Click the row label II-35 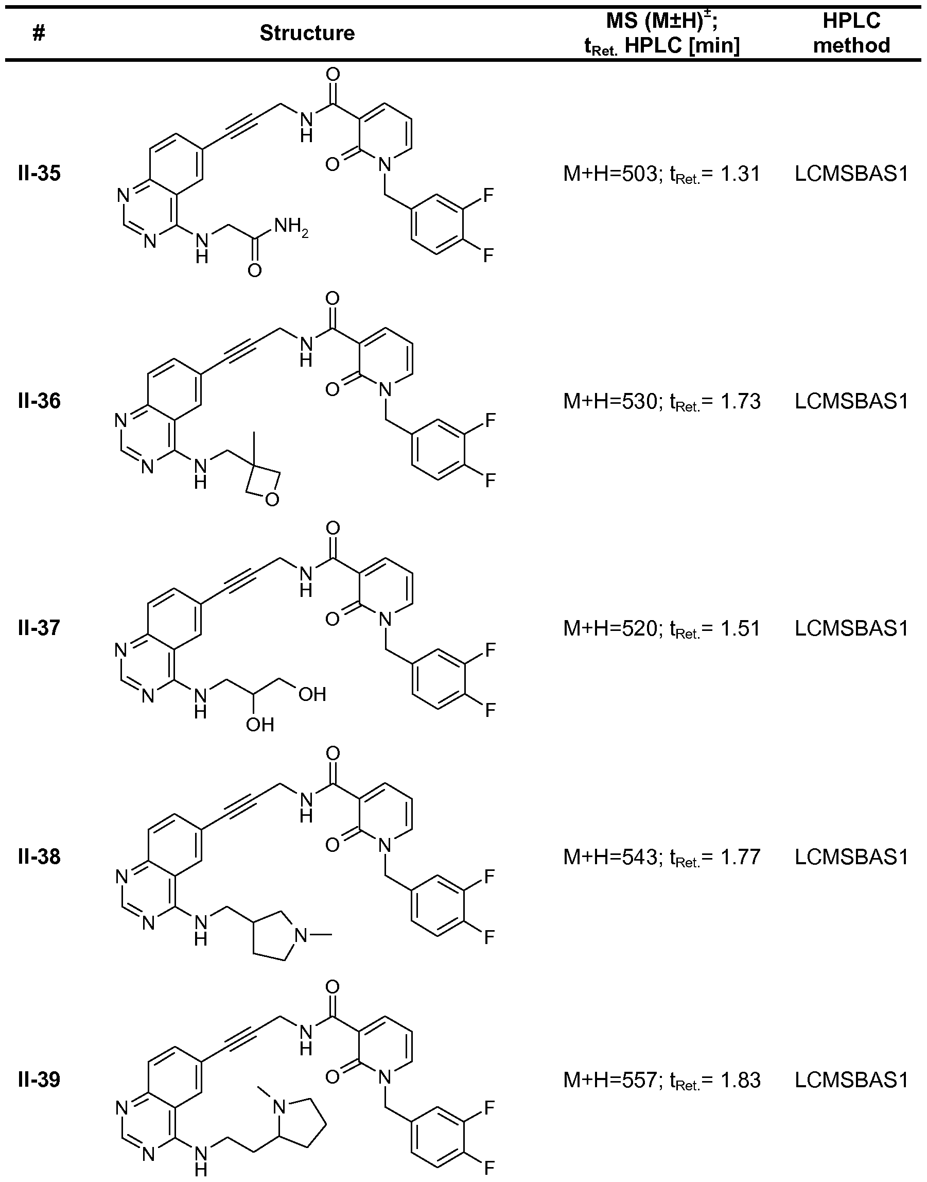coord(39,174)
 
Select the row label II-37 coord(39,628)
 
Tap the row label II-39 coord(39,1080)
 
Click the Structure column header coord(307,33)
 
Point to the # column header coord(39,33)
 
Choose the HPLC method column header coord(851,32)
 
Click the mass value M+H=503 coord(609,174)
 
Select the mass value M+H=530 coord(609,401)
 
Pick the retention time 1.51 coord(740,628)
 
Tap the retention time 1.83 coord(740,1080)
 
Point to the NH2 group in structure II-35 coord(290,227)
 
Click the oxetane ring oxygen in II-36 coord(272,499)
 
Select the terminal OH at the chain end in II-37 coord(312,694)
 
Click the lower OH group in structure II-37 coord(259,724)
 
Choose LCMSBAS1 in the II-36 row coord(851,401)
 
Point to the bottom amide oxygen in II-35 coord(254,270)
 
